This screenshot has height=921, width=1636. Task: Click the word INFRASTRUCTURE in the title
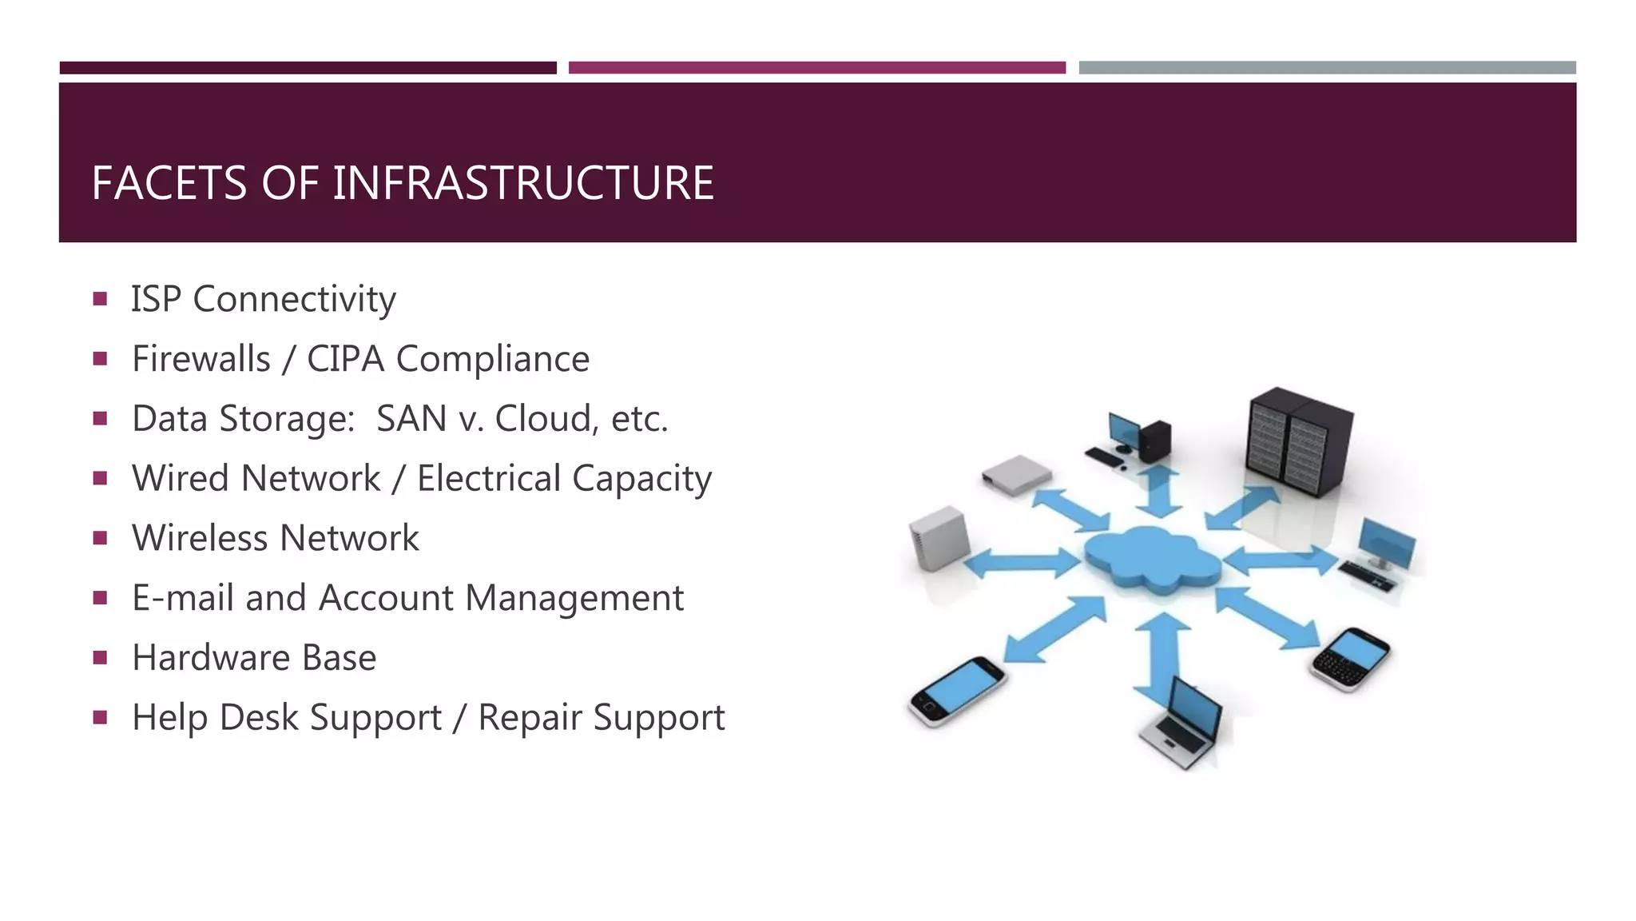click(x=522, y=183)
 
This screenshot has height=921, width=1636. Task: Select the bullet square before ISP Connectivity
click(x=100, y=300)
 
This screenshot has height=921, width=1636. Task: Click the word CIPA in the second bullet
click(x=346, y=359)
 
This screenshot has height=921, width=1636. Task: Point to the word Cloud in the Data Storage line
click(x=542, y=418)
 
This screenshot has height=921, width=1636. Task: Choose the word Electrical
click(x=488, y=478)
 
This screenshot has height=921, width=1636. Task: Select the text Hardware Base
click(x=254, y=658)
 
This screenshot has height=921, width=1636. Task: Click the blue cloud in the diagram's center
click(x=1152, y=558)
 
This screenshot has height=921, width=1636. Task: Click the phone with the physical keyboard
click(x=1352, y=659)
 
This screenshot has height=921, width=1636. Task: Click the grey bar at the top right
click(x=1327, y=68)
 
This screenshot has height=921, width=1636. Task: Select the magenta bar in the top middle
click(x=816, y=68)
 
